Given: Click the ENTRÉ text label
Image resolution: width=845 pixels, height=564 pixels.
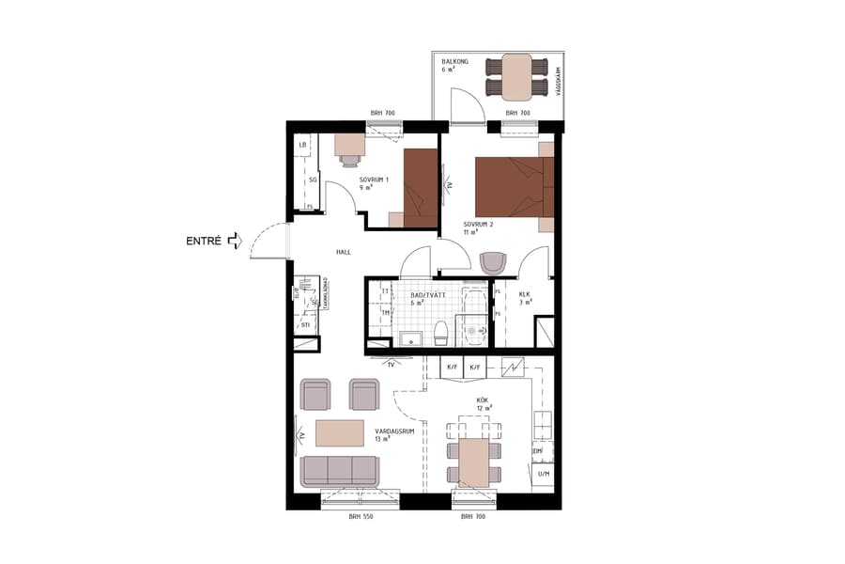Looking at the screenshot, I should tap(204, 241).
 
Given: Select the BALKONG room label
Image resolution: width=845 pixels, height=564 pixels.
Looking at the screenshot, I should tap(454, 60).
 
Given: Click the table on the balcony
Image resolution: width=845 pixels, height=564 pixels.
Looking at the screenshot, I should tap(516, 77).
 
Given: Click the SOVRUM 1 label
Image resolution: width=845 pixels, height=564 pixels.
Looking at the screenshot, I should tap(373, 179).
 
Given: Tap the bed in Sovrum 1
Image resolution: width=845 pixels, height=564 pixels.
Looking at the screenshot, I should tap(421, 187).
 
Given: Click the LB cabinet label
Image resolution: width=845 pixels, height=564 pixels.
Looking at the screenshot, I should tap(302, 145).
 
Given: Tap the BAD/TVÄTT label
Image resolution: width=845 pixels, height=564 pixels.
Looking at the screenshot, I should tap(429, 295).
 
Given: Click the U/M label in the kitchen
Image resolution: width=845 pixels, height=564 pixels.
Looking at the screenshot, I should tap(543, 475).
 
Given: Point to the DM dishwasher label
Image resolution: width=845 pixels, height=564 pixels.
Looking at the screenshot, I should tap(538, 452).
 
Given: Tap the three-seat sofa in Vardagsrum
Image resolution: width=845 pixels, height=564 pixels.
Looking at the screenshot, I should tap(340, 472).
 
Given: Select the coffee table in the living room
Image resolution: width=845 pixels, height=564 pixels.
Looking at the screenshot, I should tap(340, 433).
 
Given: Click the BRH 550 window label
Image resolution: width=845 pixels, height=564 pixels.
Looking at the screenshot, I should tap(361, 517).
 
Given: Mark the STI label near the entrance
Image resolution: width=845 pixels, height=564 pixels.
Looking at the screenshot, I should tap(305, 325).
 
